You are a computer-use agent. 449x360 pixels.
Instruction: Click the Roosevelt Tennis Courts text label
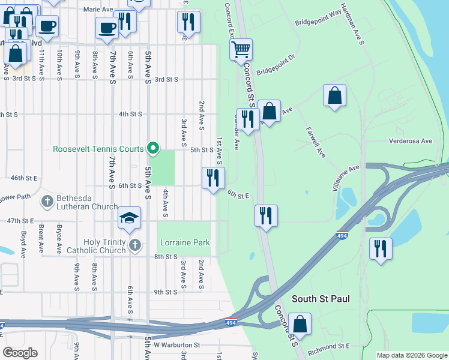tap(98, 149)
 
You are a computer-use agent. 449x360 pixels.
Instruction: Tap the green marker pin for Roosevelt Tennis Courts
tap(154, 148)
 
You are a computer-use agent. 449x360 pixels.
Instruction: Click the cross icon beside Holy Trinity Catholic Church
tap(136, 245)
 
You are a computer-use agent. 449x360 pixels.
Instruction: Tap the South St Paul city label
tap(321, 298)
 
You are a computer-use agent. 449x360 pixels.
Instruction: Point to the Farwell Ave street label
tap(315, 142)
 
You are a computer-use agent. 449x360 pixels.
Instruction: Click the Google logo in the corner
tap(20, 352)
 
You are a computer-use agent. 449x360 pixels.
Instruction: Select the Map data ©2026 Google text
tap(412, 355)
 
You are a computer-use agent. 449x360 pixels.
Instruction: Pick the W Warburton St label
tap(176, 345)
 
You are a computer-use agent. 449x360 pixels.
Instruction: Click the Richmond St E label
tap(328, 347)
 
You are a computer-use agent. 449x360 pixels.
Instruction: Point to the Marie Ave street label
tap(99, 10)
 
